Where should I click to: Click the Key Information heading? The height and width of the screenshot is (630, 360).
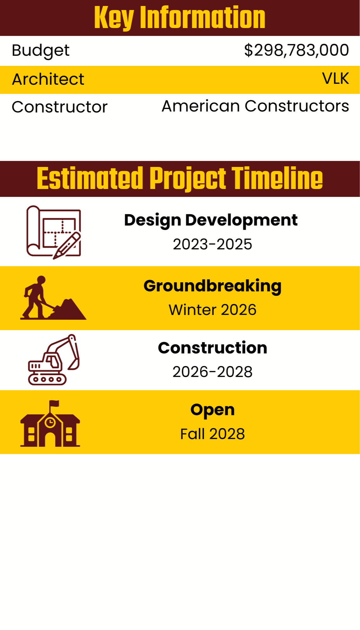point(180,18)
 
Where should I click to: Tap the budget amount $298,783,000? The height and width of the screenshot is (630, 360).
point(296,50)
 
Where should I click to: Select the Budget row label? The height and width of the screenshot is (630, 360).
point(41,51)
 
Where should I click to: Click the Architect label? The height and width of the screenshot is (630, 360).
point(48,79)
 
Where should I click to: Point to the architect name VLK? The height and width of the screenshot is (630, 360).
point(335,78)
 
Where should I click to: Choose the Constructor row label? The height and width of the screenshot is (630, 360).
point(60,107)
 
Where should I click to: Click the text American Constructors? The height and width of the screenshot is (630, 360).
point(255,106)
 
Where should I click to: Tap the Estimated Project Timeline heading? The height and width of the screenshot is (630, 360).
point(180,179)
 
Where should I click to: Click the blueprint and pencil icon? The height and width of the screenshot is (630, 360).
point(54,232)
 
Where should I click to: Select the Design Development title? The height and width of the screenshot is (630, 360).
point(211,220)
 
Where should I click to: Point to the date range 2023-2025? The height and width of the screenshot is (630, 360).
point(213,244)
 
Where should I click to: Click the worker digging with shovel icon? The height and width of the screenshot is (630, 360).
point(53,298)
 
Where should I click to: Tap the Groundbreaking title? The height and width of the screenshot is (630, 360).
point(213,286)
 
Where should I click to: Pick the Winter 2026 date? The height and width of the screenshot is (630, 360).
point(213,310)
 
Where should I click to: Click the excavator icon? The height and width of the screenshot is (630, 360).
point(54,360)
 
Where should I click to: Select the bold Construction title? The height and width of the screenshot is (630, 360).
point(213,348)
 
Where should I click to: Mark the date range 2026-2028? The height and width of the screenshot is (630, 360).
point(213,372)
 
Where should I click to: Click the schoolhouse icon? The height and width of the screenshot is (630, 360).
point(50,424)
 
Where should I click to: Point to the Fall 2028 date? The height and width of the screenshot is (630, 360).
point(213,434)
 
